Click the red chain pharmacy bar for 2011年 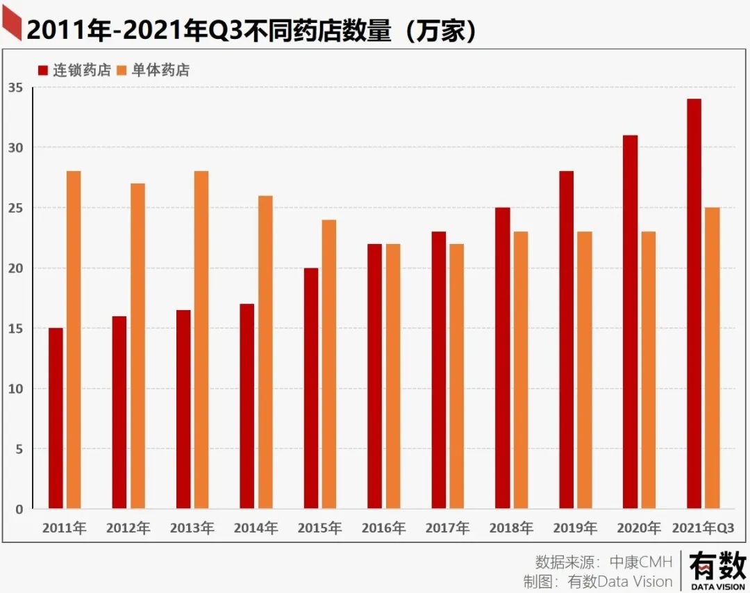[x=56, y=418]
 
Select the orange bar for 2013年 [x=201, y=340]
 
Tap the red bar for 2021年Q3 [x=694, y=304]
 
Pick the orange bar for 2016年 [x=393, y=376]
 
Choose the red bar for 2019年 [x=566, y=340]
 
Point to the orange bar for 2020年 [x=648, y=370]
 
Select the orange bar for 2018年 [x=521, y=370]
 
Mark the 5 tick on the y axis [x=19, y=449]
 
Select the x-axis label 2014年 [x=256, y=528]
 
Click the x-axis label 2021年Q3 [x=703, y=528]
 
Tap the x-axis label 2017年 [x=447, y=528]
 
